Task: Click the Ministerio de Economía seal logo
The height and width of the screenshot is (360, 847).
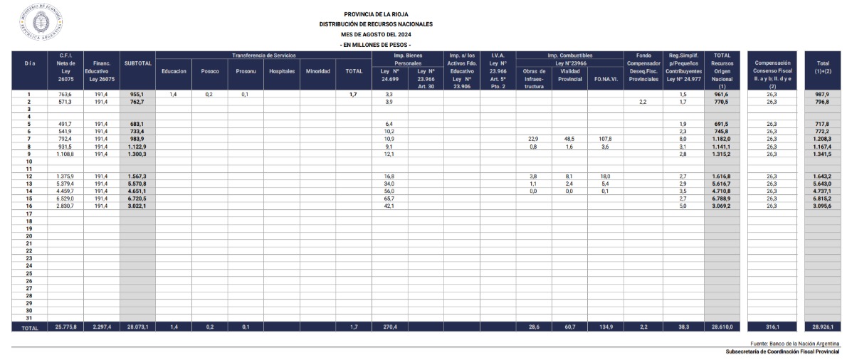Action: pyautogui.click(x=42, y=23)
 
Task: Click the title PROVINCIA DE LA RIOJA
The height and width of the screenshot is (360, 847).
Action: pyautogui.click(x=376, y=14)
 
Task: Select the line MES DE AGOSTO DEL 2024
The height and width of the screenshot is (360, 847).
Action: pyautogui.click(x=376, y=34)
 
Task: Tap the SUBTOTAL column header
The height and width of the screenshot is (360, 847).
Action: pyautogui.click(x=137, y=63)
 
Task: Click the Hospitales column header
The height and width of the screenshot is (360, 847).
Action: pyautogui.click(x=281, y=71)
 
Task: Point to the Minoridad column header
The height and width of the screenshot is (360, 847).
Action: pyautogui.click(x=317, y=71)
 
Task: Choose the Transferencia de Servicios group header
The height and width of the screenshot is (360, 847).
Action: pyautogui.click(x=263, y=55)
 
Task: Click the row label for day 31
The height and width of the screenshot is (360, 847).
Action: pyautogui.click(x=29, y=317)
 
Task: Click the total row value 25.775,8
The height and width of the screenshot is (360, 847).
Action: pyautogui.click(x=65, y=327)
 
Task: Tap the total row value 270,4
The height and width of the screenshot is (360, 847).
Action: pyautogui.click(x=390, y=327)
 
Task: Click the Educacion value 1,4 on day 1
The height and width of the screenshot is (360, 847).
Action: pyautogui.click(x=173, y=94)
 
